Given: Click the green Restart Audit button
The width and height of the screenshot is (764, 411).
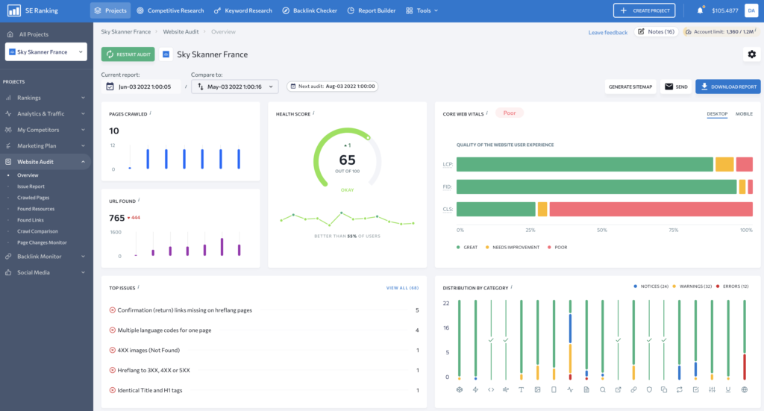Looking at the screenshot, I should [x=128, y=54].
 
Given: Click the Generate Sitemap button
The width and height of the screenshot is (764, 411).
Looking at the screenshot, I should [x=630, y=87].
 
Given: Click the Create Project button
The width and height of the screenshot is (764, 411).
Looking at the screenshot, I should [x=644, y=10].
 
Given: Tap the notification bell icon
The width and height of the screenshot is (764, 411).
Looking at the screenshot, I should [x=700, y=10].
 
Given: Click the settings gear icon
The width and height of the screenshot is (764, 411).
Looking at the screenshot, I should [x=751, y=54].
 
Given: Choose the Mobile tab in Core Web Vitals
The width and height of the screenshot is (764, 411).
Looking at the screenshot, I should [x=744, y=114].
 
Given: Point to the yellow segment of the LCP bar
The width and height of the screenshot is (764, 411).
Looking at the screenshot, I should [x=724, y=165].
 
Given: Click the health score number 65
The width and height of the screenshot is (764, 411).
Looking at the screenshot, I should [x=347, y=160].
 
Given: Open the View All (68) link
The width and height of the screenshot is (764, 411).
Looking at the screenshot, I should [x=402, y=287].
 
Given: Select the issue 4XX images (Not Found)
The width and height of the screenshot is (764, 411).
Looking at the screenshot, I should [x=148, y=350].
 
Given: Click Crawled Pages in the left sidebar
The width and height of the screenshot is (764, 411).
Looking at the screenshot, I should [x=34, y=198].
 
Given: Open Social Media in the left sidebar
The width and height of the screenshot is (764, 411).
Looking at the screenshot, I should [x=34, y=272].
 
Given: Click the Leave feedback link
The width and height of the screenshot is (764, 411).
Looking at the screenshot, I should [x=607, y=33].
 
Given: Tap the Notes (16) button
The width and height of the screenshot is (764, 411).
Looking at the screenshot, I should [x=655, y=32].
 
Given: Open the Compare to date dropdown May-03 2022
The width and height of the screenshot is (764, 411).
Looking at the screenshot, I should [x=234, y=87].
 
